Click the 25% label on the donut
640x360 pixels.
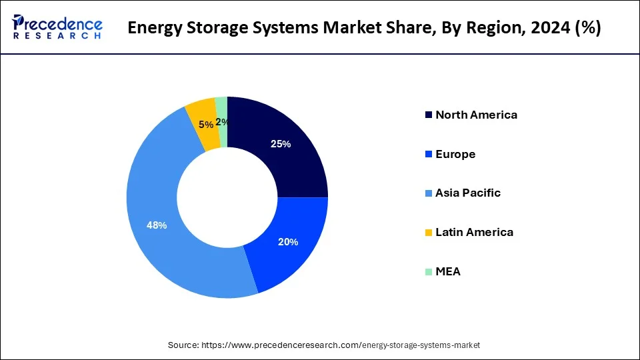[280, 144]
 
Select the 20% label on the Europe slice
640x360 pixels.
[288, 242]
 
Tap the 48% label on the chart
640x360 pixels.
[157, 225]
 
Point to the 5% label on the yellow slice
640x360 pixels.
[206, 124]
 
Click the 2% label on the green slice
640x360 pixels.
[221, 121]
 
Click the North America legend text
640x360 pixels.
[476, 115]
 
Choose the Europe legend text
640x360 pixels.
[455, 154]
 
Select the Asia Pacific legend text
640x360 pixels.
[468, 193]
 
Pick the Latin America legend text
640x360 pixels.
[474, 232]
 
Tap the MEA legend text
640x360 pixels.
[448, 271]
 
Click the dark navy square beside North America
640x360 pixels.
[428, 115]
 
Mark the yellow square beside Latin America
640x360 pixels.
[428, 233]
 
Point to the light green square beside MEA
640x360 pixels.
[428, 272]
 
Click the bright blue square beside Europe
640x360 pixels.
[428, 155]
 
